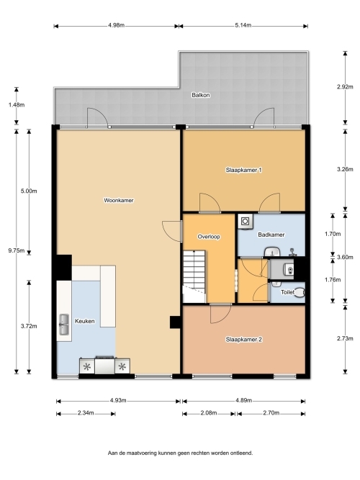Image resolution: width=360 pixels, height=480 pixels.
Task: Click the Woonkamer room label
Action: (119, 201)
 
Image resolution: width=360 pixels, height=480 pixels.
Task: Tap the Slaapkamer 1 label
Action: (243, 170)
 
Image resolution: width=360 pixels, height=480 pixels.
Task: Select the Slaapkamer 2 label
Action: (244, 340)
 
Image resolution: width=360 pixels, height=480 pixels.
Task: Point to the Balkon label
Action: (201, 95)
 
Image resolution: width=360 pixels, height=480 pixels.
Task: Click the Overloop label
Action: (209, 237)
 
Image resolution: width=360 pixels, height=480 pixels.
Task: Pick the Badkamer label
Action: (271, 235)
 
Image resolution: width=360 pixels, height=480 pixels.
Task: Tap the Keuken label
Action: (84, 321)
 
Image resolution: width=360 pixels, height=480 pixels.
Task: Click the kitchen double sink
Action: (64, 325)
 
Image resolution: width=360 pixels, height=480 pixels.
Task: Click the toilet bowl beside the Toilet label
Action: (300, 292)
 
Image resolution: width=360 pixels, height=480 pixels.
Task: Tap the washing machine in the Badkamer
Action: (246, 221)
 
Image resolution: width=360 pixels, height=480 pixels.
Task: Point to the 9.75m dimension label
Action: (17, 250)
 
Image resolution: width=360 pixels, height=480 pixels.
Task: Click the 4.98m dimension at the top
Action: (116, 25)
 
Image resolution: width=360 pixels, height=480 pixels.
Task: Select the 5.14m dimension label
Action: (243, 25)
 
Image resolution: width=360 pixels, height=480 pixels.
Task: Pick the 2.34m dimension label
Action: (86, 413)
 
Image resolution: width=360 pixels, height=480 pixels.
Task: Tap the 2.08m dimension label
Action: (209, 413)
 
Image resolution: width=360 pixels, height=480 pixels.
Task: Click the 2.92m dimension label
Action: (345, 87)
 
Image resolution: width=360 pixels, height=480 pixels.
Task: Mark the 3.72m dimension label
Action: (29, 326)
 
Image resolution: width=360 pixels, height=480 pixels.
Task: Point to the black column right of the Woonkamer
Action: (176, 322)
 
